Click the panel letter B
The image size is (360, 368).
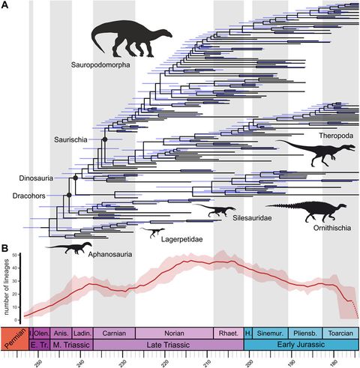pyautogui.click(x=5, y=248)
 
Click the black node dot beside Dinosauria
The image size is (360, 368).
pyautogui.click(x=76, y=178)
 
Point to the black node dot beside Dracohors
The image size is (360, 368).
pyautogui.click(x=68, y=195)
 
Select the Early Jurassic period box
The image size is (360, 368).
pyautogui.click(x=301, y=344)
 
